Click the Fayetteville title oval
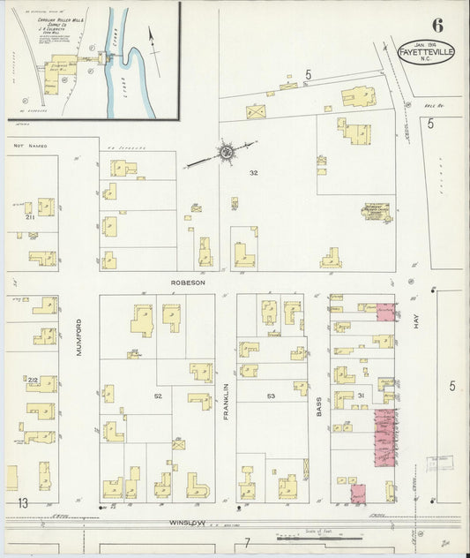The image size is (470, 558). tap(427, 50)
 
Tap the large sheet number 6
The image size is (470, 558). tap(437, 24)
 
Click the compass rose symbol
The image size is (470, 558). tap(226, 153)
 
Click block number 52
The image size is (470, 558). tap(158, 396)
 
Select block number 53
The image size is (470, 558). tap(272, 396)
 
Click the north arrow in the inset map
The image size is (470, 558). tap(152, 37)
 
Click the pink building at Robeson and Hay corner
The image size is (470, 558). tap(385, 313)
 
